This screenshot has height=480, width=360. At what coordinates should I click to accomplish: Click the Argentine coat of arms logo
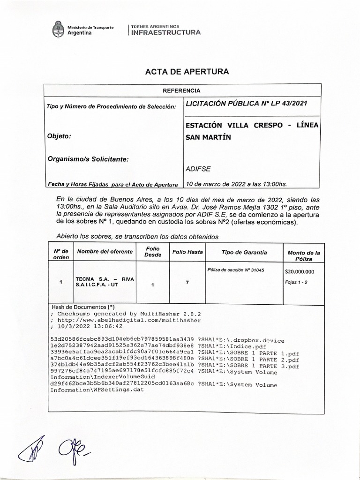[x=58, y=30]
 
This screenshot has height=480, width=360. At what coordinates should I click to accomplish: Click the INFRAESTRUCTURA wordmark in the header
[x=165, y=32]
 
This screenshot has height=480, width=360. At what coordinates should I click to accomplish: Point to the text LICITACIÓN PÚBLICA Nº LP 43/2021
[x=247, y=103]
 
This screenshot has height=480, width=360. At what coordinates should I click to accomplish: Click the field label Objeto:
[x=59, y=136]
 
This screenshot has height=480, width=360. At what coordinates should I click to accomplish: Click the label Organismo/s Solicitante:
[x=88, y=159]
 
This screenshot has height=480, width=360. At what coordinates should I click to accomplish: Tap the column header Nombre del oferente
[x=105, y=252]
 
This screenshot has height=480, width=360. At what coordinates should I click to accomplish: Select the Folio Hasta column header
[x=187, y=252]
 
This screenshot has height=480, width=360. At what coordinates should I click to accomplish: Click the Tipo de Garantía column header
[x=244, y=252]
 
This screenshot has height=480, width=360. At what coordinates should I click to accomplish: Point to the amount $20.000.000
[x=300, y=271]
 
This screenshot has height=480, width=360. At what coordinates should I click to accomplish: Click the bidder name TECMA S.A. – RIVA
[x=105, y=278]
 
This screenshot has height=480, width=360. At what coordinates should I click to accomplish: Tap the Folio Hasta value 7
[x=187, y=282]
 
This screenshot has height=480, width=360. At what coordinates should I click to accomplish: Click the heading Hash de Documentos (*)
[x=82, y=306]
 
